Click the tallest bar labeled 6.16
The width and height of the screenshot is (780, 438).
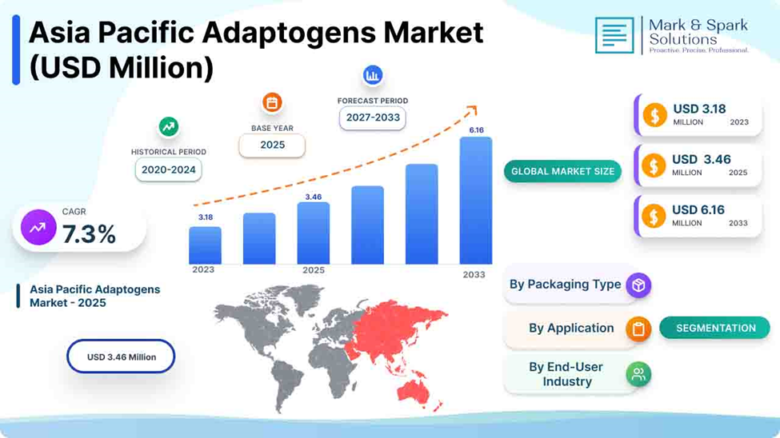[475, 201]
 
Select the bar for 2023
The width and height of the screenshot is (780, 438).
[205, 245]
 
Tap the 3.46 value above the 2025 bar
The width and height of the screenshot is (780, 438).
[314, 197]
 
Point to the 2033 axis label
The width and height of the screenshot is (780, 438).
[474, 274]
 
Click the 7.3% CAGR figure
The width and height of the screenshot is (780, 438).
[89, 233]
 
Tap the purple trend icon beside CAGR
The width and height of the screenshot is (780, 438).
[38, 227]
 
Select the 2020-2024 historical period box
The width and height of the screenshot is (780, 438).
[169, 169]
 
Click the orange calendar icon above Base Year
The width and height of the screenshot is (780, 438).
[272, 103]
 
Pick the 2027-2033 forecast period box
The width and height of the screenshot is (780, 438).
[373, 117]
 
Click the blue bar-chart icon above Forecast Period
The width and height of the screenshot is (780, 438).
[373, 75]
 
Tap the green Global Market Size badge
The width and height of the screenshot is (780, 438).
[562, 172]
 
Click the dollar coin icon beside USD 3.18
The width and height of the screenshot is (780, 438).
[654, 115]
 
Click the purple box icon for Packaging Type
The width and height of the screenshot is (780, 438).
[638, 285]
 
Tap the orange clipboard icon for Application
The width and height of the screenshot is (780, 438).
[638, 328]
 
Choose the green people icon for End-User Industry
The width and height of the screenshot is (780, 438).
[638, 374]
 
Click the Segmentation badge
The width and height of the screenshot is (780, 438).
[715, 328]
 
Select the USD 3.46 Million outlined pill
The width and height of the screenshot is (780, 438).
[121, 356]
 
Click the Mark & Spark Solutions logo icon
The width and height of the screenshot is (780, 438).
[614, 35]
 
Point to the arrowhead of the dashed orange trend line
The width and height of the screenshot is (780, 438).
[474, 109]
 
